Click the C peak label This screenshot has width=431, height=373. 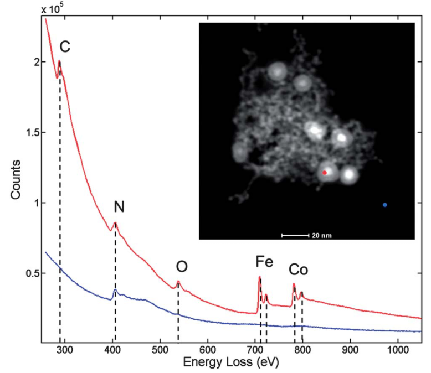65,46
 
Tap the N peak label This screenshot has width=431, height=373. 119,206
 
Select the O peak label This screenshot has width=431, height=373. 182,266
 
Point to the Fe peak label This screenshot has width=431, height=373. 264,261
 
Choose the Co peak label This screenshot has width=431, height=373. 298,270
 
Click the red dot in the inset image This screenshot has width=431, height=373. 324,173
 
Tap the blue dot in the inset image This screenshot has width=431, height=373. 385,205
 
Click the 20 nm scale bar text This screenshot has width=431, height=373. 322,235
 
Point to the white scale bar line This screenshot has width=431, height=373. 295,235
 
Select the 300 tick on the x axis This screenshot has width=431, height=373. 65,350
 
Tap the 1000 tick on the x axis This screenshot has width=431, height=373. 397,350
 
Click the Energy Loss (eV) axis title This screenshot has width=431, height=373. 231,362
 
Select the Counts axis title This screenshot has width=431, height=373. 16,180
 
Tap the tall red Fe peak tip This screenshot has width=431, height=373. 259,277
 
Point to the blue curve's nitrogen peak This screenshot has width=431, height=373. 115,290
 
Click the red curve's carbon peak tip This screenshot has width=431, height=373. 59,61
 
